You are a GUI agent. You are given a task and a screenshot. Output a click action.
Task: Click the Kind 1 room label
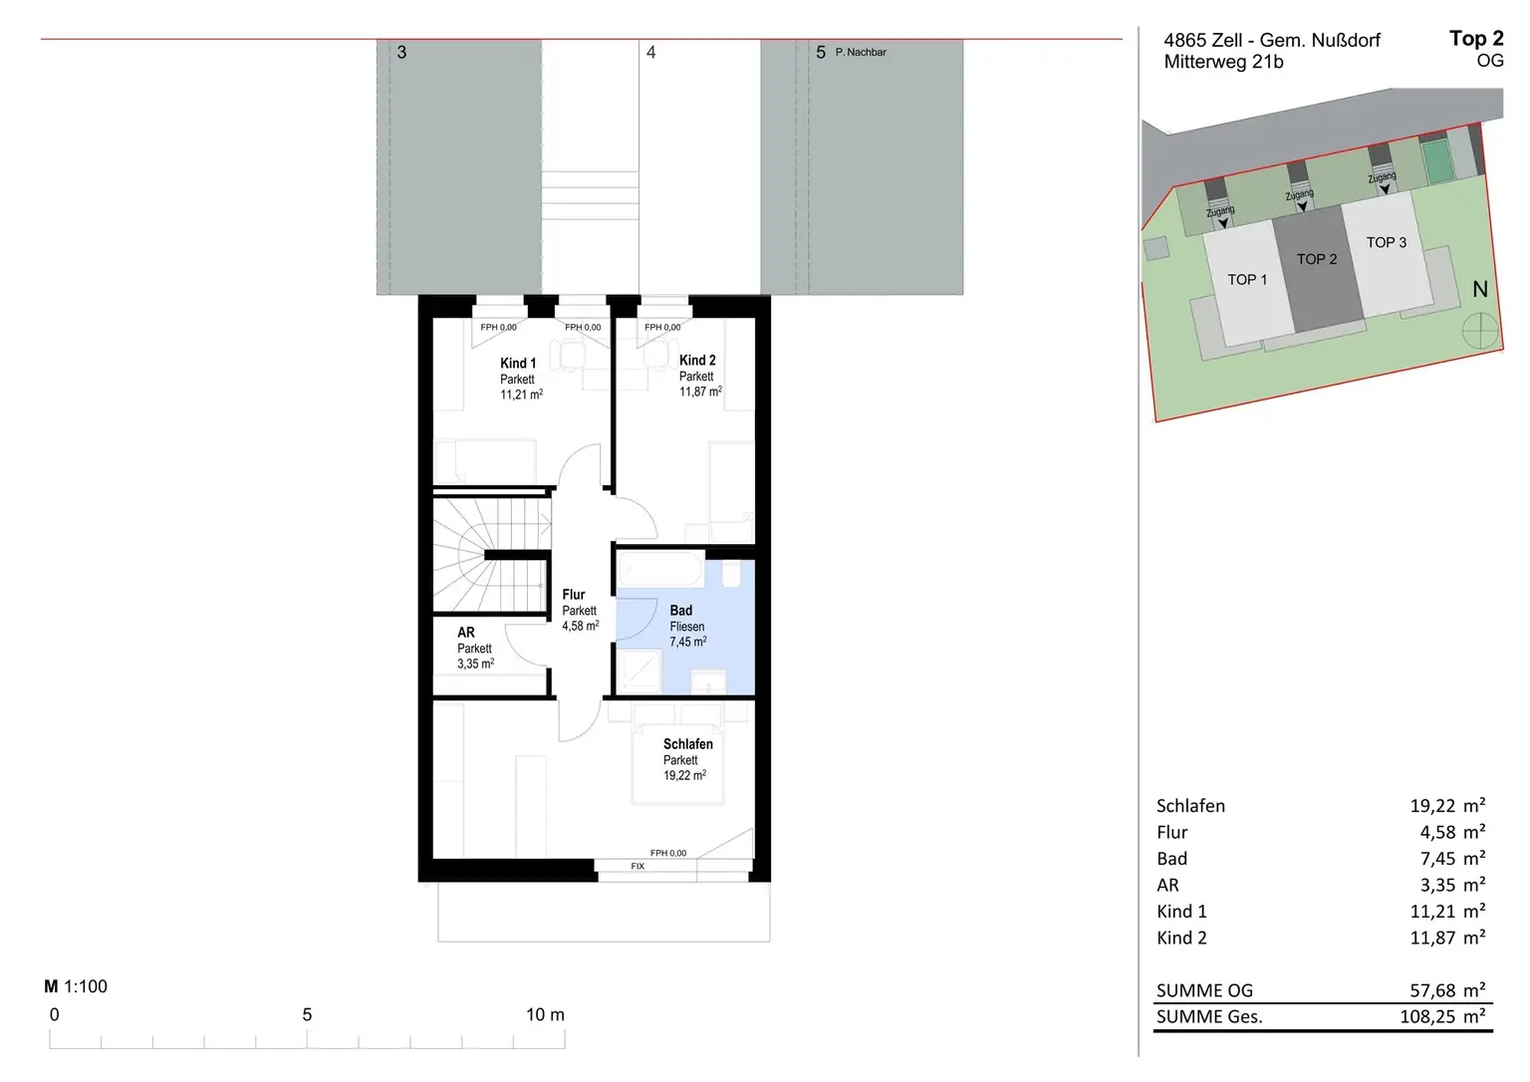(518, 364)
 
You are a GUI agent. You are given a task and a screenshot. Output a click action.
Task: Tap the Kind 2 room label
(697, 361)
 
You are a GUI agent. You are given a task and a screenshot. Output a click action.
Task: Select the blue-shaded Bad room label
(681, 611)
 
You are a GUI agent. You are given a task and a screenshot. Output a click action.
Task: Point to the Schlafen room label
(688, 744)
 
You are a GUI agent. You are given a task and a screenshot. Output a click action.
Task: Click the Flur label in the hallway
(574, 595)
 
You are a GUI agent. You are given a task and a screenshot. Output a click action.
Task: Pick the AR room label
(466, 633)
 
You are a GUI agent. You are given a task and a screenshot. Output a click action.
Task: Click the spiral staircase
(492, 555)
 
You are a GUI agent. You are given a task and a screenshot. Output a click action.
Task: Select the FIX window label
(637, 866)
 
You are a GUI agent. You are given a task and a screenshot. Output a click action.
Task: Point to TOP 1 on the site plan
(1247, 280)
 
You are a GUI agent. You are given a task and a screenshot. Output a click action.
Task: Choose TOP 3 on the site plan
(1386, 242)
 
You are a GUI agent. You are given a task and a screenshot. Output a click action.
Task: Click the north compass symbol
(1480, 332)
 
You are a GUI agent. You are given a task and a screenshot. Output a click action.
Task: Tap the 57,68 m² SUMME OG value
(1447, 990)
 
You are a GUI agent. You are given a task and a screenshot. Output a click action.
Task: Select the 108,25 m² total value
(1442, 1016)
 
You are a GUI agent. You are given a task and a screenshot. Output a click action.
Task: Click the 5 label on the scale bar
(308, 1015)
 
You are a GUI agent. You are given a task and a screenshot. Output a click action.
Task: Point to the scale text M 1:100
(76, 986)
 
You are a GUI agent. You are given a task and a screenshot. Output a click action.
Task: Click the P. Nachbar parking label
(861, 52)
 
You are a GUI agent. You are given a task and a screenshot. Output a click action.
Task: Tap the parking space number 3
(401, 52)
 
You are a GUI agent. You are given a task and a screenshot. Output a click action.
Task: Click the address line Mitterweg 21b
(1223, 62)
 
